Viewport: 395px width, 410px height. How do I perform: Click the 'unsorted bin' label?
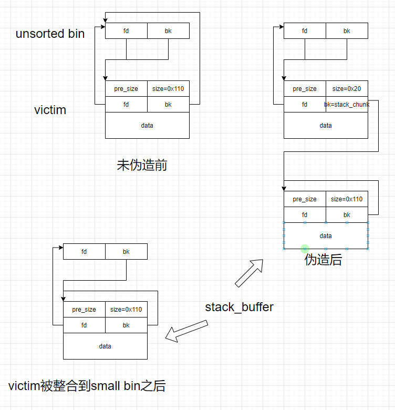(50, 34)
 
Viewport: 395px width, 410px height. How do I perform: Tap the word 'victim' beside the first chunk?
(50, 110)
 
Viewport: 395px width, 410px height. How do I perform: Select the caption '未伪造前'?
(142, 166)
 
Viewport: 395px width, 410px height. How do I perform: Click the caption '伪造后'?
(323, 260)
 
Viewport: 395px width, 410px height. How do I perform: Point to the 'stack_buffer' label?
(239, 307)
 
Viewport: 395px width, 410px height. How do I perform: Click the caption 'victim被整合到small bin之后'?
(87, 386)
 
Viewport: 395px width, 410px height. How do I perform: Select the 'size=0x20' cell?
(347, 89)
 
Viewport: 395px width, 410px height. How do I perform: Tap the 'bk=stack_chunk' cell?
(347, 105)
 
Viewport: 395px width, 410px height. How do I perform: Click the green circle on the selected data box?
(305, 249)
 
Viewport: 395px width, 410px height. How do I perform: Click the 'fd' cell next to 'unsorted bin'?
(126, 31)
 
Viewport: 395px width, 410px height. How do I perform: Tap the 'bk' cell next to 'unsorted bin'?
(168, 31)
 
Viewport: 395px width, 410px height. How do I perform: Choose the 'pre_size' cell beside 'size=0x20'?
(305, 89)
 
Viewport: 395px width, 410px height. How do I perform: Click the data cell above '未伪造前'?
(147, 126)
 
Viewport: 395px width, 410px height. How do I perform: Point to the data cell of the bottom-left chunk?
(105, 346)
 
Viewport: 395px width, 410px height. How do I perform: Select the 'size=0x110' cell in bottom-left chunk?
(126, 310)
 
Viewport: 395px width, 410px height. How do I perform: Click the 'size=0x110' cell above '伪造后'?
(347, 199)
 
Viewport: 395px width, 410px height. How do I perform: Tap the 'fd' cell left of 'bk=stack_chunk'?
(305, 105)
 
